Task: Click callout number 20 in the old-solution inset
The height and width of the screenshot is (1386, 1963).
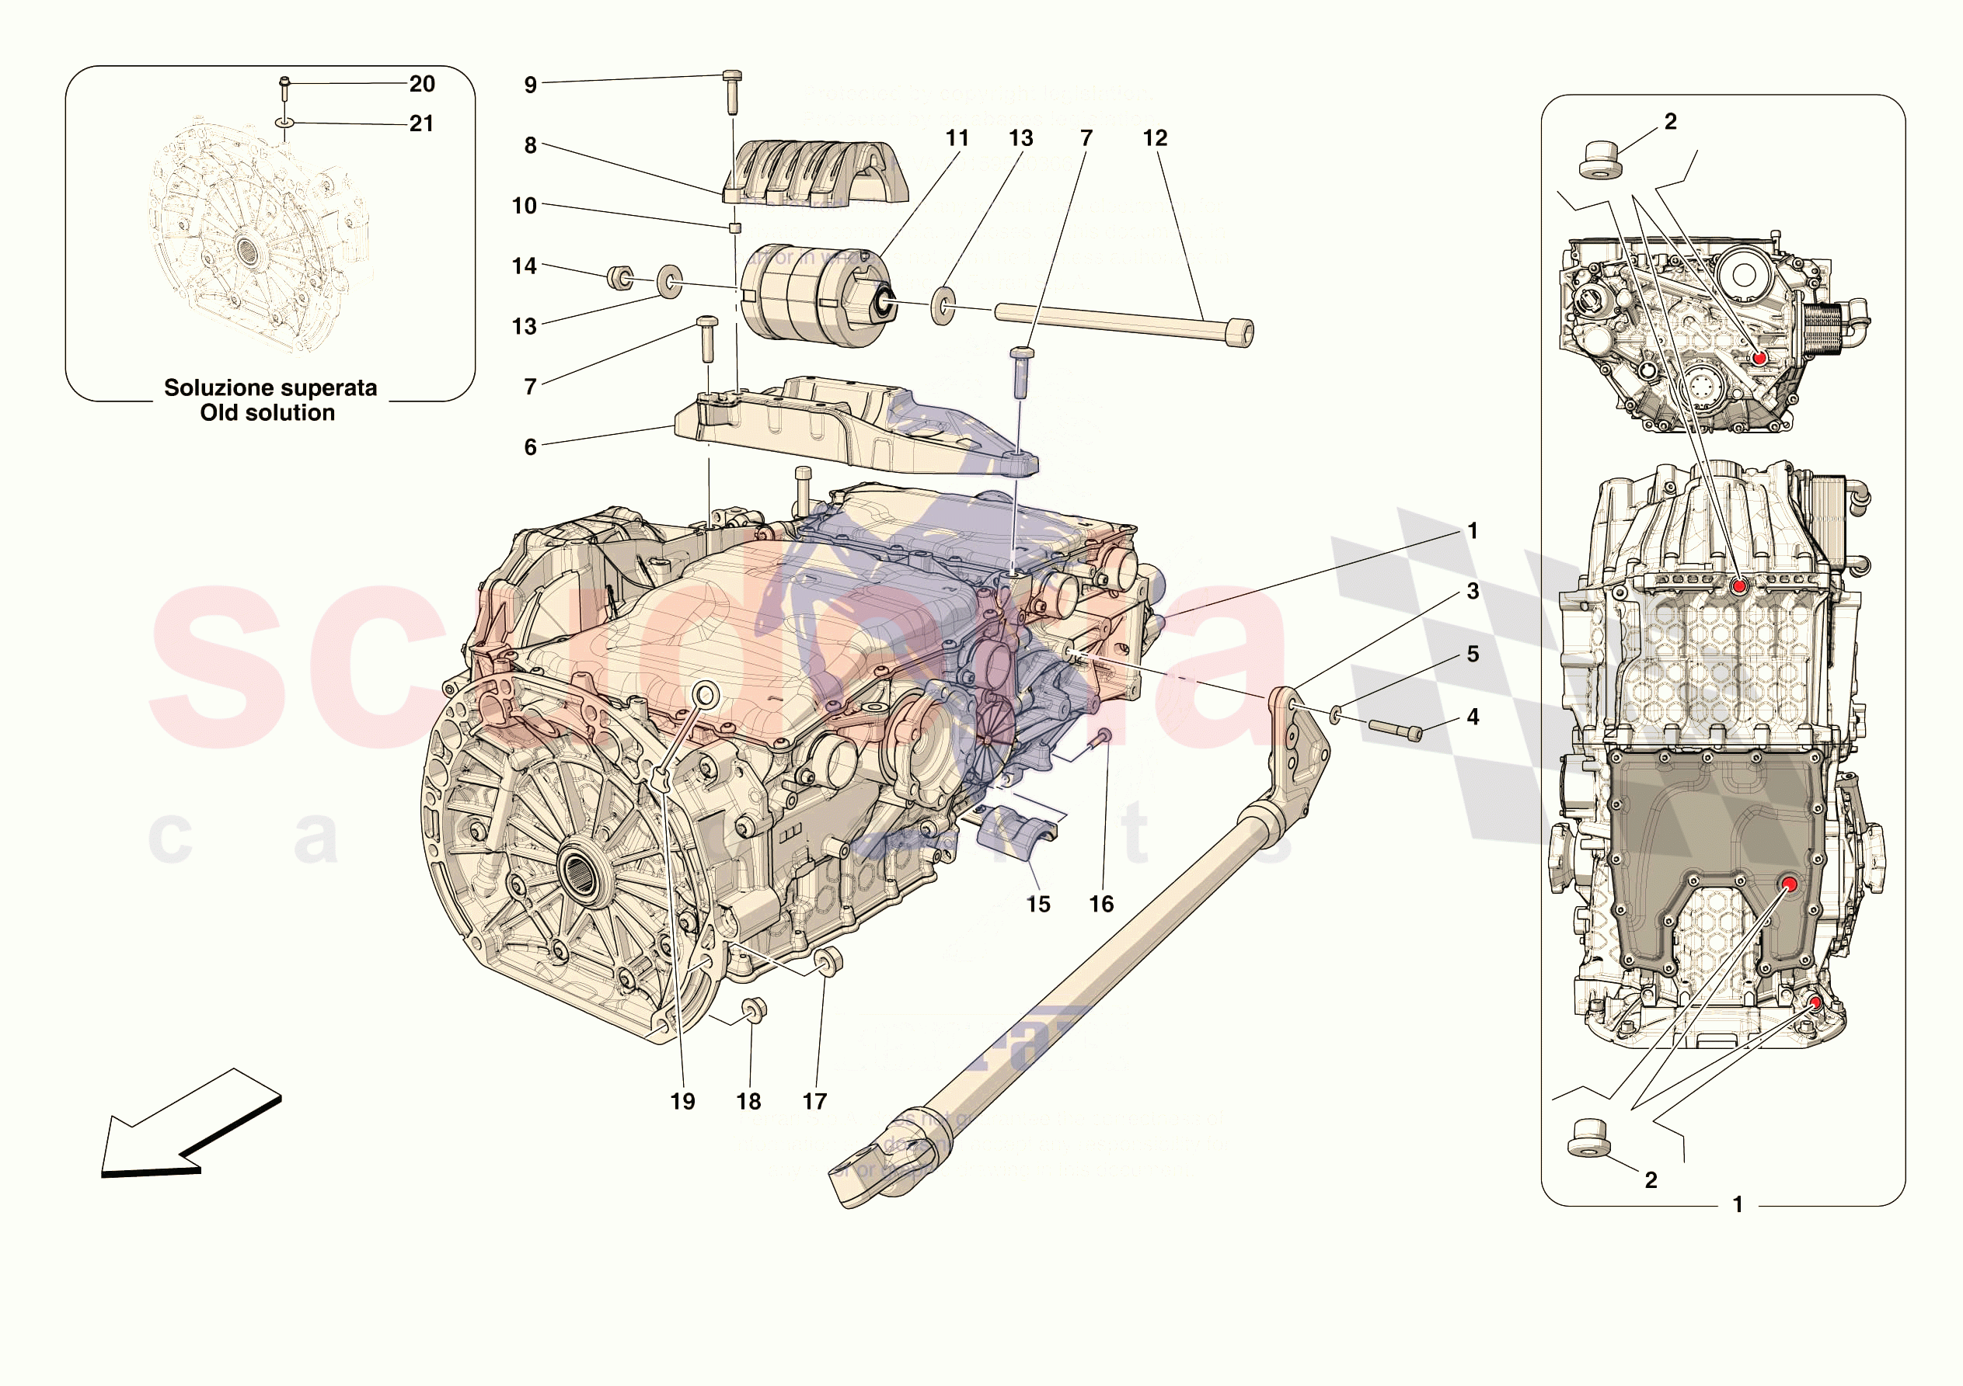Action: (x=421, y=84)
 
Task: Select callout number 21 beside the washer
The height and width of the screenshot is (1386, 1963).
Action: (x=421, y=124)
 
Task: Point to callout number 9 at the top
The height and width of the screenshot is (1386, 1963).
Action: (x=530, y=85)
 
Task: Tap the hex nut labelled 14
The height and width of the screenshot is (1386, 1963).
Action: (x=620, y=278)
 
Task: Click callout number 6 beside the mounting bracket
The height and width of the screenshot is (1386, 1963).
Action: (x=530, y=447)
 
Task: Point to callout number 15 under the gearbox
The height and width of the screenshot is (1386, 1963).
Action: (x=1038, y=904)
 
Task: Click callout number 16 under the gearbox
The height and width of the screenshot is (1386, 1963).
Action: (x=1101, y=904)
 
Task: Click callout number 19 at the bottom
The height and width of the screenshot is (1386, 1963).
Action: (x=682, y=1102)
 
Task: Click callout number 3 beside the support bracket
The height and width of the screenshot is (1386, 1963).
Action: (x=1472, y=592)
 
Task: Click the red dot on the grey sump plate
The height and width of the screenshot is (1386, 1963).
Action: (x=1789, y=884)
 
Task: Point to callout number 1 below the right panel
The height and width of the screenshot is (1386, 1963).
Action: (x=1738, y=1204)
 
